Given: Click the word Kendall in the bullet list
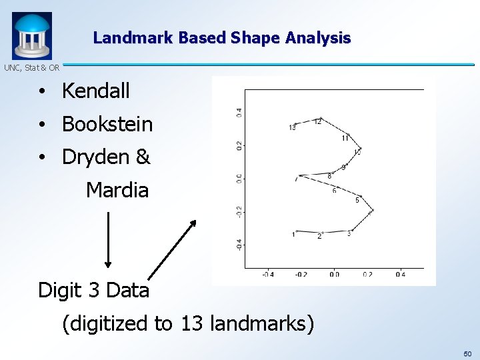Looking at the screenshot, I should pyautogui.click(x=95, y=91).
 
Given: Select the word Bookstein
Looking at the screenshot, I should pyautogui.click(x=107, y=125).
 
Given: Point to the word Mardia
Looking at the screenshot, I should pyautogui.click(x=117, y=191).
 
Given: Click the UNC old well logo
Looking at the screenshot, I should pyautogui.click(x=31, y=36).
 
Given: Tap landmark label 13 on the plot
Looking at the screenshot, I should pyautogui.click(x=293, y=127).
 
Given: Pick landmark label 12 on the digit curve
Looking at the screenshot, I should pyautogui.click(x=318, y=121).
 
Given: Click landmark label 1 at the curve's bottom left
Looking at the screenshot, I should pyautogui.click(x=293, y=234).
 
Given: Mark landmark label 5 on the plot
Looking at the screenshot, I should pyautogui.click(x=357, y=200).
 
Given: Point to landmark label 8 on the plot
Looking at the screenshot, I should pyautogui.click(x=329, y=176).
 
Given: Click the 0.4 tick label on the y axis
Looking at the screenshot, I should pyautogui.click(x=239, y=113).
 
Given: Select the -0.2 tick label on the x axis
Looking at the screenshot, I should pyautogui.click(x=301, y=274).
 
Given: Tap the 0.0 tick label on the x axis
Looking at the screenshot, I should pyautogui.click(x=334, y=274).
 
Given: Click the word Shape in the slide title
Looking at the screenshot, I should pyautogui.click(x=254, y=38).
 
